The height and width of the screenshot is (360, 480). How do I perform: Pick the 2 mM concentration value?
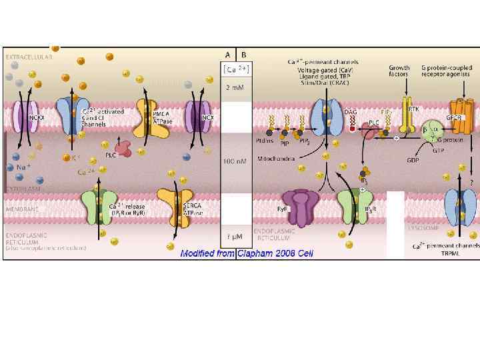[x=233, y=87]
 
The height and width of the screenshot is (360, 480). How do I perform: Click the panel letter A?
[x=228, y=55]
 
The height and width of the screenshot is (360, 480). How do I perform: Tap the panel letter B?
[x=243, y=55]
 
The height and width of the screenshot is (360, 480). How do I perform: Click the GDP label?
[x=413, y=160]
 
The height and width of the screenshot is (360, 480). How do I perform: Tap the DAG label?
[x=351, y=112]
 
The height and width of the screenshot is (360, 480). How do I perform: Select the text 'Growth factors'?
[x=399, y=71]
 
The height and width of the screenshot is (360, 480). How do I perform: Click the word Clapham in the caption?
[x=253, y=253]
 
